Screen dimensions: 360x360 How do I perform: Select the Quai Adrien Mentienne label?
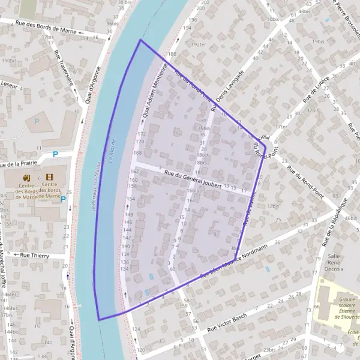coord(154,95)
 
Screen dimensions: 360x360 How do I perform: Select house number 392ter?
coord(197,44)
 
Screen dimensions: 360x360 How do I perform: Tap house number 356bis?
coord(204,128)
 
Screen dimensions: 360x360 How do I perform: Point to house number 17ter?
coord(281,127)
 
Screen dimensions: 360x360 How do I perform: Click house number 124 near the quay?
coord(136,329)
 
